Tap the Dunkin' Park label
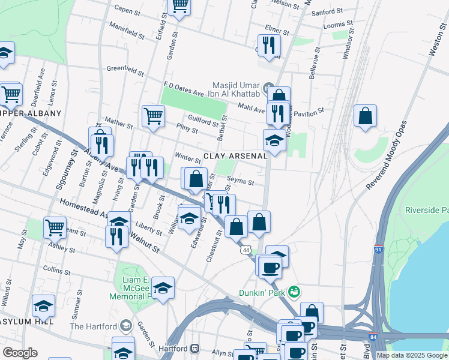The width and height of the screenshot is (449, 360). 262,292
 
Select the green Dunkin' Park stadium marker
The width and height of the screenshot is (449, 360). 294,292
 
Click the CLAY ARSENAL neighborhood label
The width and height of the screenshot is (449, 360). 235,156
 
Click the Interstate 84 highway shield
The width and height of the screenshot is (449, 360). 373,338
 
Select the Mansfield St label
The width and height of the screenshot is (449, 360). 127,31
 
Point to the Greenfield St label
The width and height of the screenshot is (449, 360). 125,70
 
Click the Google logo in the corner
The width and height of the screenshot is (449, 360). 20,353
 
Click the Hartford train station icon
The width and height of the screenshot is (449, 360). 194,348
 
